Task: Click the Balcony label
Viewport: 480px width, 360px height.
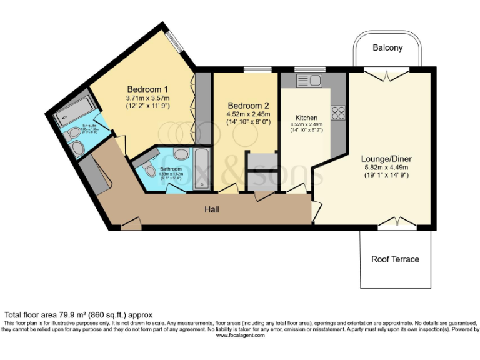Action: click(387, 47)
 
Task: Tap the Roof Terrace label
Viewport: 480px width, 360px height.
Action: click(395, 259)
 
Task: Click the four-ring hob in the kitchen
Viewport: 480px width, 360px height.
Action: click(338, 113)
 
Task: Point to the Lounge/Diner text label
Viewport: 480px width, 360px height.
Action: click(386, 159)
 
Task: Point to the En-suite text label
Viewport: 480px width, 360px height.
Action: click(79, 126)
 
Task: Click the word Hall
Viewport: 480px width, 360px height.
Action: click(212, 211)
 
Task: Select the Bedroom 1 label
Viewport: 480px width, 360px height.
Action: click(147, 89)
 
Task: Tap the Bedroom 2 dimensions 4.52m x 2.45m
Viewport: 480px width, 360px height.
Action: click(248, 114)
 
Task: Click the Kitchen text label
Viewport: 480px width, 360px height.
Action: click(306, 117)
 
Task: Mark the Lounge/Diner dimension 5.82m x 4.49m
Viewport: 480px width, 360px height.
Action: click(386, 167)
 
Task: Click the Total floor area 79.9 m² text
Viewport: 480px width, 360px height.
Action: click(78, 314)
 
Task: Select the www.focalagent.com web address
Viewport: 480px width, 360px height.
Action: click(241, 336)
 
